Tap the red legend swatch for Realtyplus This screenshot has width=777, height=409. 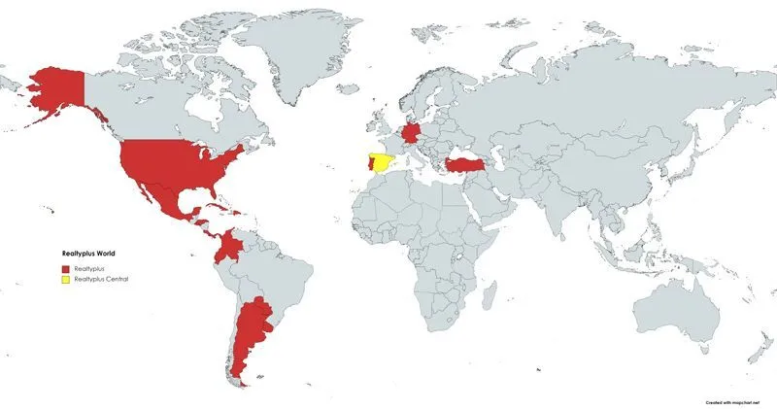pyautogui.click(x=65, y=267)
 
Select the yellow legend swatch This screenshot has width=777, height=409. pyautogui.click(x=65, y=279)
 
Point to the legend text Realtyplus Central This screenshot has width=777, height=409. pyautogui.click(x=102, y=279)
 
